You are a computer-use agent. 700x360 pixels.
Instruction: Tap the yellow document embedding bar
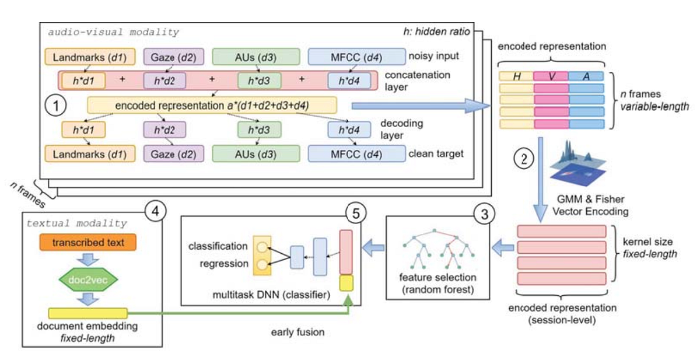tap(87, 313)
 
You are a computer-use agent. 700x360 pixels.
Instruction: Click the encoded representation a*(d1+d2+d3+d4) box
tap(212, 105)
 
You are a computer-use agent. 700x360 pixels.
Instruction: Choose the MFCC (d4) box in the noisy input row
tap(356, 57)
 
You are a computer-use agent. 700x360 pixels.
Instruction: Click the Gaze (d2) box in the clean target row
tap(170, 153)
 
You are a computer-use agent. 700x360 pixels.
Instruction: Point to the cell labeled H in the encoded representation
tap(517, 76)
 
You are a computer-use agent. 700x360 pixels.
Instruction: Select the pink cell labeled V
tap(551, 76)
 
